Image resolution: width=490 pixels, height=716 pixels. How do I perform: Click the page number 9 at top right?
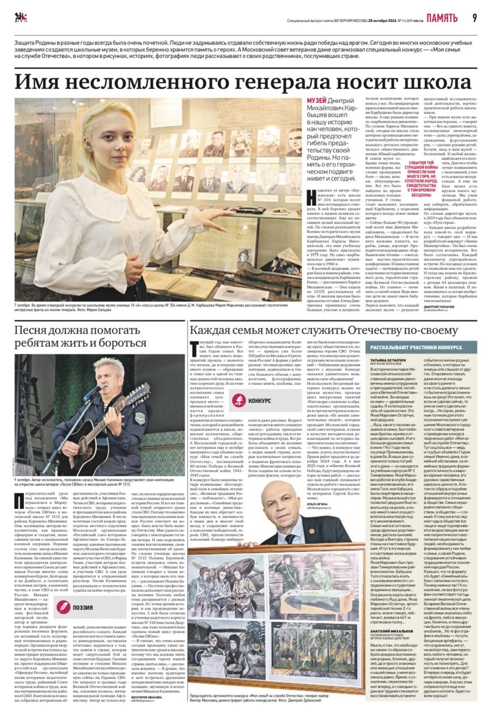pyautogui.click(x=474, y=18)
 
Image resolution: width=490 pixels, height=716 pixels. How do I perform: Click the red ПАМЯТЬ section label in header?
pyautogui.click(x=442, y=18)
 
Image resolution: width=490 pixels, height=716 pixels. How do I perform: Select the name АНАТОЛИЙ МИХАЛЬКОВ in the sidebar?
pyautogui.click(x=390, y=630)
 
